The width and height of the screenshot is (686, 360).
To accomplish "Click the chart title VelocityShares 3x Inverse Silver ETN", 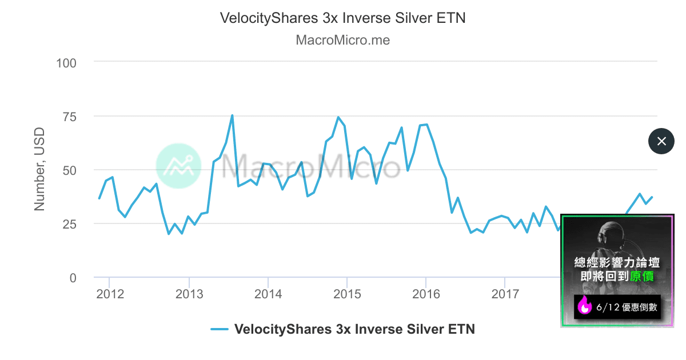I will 343,18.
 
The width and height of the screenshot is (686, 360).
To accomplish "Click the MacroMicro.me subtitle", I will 343,41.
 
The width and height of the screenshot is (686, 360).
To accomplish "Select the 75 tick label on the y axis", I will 69,117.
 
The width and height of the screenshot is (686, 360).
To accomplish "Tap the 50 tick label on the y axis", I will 69,170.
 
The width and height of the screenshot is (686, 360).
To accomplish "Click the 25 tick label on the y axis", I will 69,224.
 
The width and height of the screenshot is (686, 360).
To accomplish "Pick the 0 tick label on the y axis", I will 73,278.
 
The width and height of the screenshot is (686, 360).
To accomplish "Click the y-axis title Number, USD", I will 39,170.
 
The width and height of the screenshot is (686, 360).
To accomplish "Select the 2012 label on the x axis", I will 110,294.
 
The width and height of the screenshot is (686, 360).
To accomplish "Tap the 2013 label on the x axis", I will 189,294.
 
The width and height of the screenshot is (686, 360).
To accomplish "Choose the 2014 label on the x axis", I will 268,294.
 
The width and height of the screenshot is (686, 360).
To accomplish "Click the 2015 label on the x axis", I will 347,294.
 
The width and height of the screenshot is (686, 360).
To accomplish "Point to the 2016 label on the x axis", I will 426,294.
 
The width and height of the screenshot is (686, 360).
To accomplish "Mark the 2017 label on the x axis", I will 505,294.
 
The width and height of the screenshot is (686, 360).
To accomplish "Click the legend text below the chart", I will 354,329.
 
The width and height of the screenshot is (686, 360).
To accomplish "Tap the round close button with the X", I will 661,141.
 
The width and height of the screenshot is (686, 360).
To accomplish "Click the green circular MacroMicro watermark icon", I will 178,166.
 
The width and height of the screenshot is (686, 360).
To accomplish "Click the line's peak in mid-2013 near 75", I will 232,115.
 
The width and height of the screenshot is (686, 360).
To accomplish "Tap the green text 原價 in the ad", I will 644,277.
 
